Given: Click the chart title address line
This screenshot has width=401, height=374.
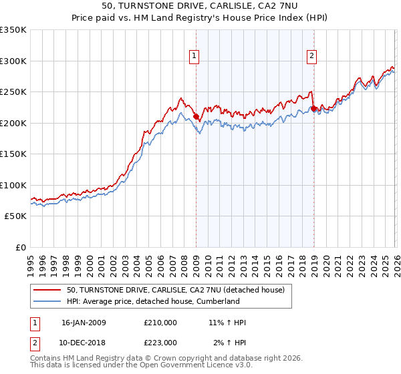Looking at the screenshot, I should (x=200, y=6).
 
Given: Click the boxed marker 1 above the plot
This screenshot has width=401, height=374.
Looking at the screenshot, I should (x=194, y=57).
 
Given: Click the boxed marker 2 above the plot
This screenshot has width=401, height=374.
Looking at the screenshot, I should (x=312, y=57).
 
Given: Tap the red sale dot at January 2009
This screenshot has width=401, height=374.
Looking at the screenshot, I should (x=196, y=117).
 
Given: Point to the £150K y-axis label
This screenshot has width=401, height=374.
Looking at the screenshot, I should (x=13, y=154).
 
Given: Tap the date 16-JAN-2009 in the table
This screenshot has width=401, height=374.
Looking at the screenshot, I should (x=84, y=323).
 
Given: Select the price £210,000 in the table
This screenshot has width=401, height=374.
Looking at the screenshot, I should (x=160, y=323).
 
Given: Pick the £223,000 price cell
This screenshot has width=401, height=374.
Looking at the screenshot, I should (x=160, y=343).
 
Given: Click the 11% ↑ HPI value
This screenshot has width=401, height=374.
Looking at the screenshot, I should (x=227, y=323).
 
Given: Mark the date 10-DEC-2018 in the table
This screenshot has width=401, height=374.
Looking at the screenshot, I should (x=84, y=343).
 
